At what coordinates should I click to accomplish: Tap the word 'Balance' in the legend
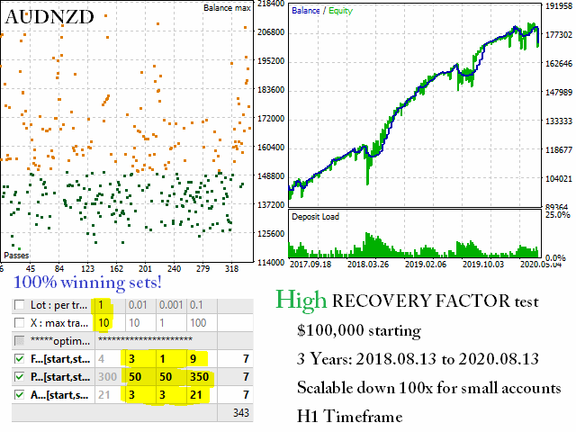click(x=306, y=11)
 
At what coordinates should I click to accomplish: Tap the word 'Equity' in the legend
click(x=340, y=11)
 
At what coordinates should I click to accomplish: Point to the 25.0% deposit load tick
click(x=558, y=215)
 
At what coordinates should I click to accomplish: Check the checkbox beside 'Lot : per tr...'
click(x=19, y=305)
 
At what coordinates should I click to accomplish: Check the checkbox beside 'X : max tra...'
click(x=19, y=323)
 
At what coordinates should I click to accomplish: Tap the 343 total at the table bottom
click(x=239, y=413)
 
